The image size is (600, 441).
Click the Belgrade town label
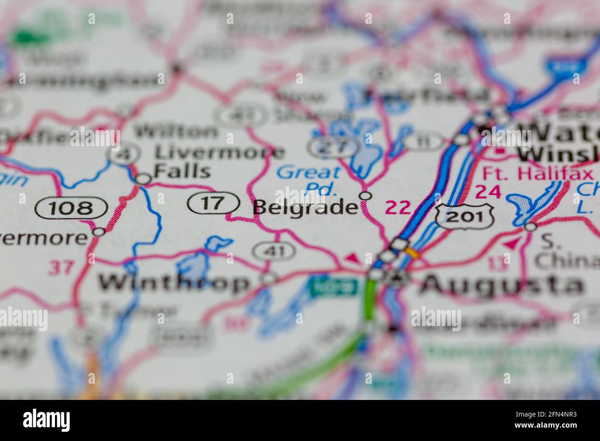306,207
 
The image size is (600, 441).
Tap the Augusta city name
501,284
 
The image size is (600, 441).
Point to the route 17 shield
213,203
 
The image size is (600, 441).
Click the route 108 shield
72,208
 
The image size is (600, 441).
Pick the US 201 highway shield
464,215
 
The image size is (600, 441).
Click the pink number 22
397,208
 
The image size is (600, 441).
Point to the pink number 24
488,191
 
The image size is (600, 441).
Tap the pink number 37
61,268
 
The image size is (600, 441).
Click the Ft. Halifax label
537,173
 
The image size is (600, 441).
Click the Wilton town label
175,132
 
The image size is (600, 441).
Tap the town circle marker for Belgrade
366,196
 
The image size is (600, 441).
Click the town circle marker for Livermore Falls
144,179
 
